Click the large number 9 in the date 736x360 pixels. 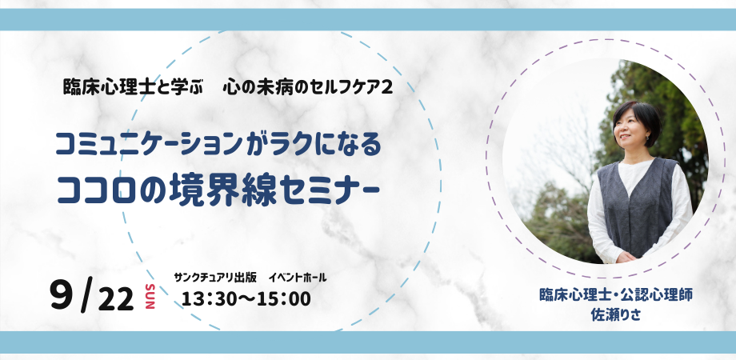pos(62,295)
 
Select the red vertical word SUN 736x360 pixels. pos(150,296)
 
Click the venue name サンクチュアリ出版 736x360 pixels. pos(215,278)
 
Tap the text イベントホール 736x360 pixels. pos(298,278)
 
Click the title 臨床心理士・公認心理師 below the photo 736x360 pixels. pos(616,295)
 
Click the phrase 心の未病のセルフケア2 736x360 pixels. pos(308,88)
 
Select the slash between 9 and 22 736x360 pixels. pos(86,297)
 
